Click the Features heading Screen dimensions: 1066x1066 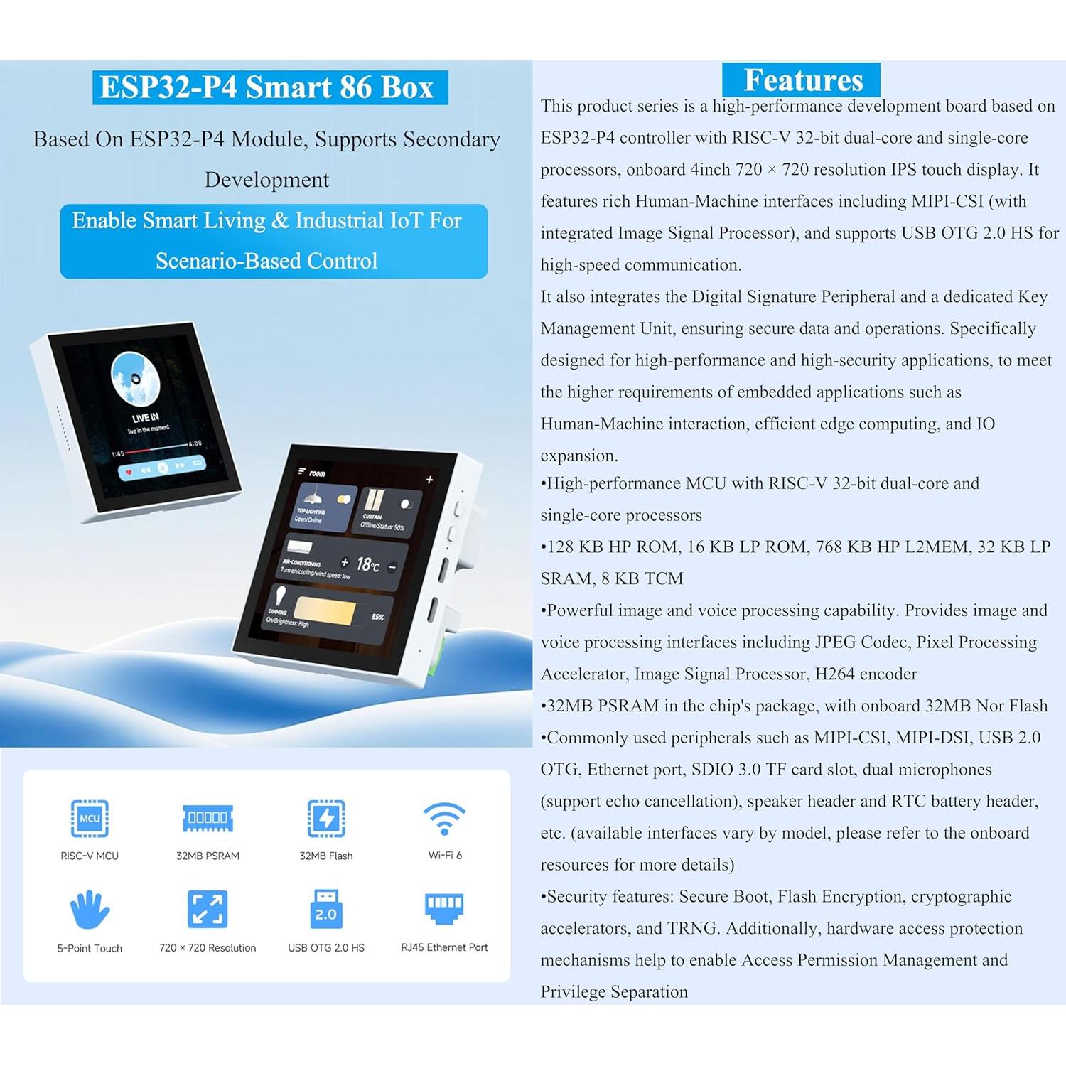tap(802, 80)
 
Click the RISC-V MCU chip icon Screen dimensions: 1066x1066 tap(90, 818)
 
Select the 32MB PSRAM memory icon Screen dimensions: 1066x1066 tap(208, 818)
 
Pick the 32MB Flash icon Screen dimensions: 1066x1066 tap(325, 818)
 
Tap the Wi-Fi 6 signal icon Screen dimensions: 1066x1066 tap(444, 819)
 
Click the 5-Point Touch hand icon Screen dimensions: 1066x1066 tap(90, 910)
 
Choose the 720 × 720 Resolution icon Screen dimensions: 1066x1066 tap(208, 909)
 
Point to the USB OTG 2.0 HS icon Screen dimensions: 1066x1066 tap(325, 909)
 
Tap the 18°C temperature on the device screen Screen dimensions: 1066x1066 tap(367, 565)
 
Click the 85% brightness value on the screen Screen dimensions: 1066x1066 tap(377, 617)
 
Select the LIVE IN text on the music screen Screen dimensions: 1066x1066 tap(146, 417)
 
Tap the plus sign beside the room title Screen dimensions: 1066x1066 tap(429, 480)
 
